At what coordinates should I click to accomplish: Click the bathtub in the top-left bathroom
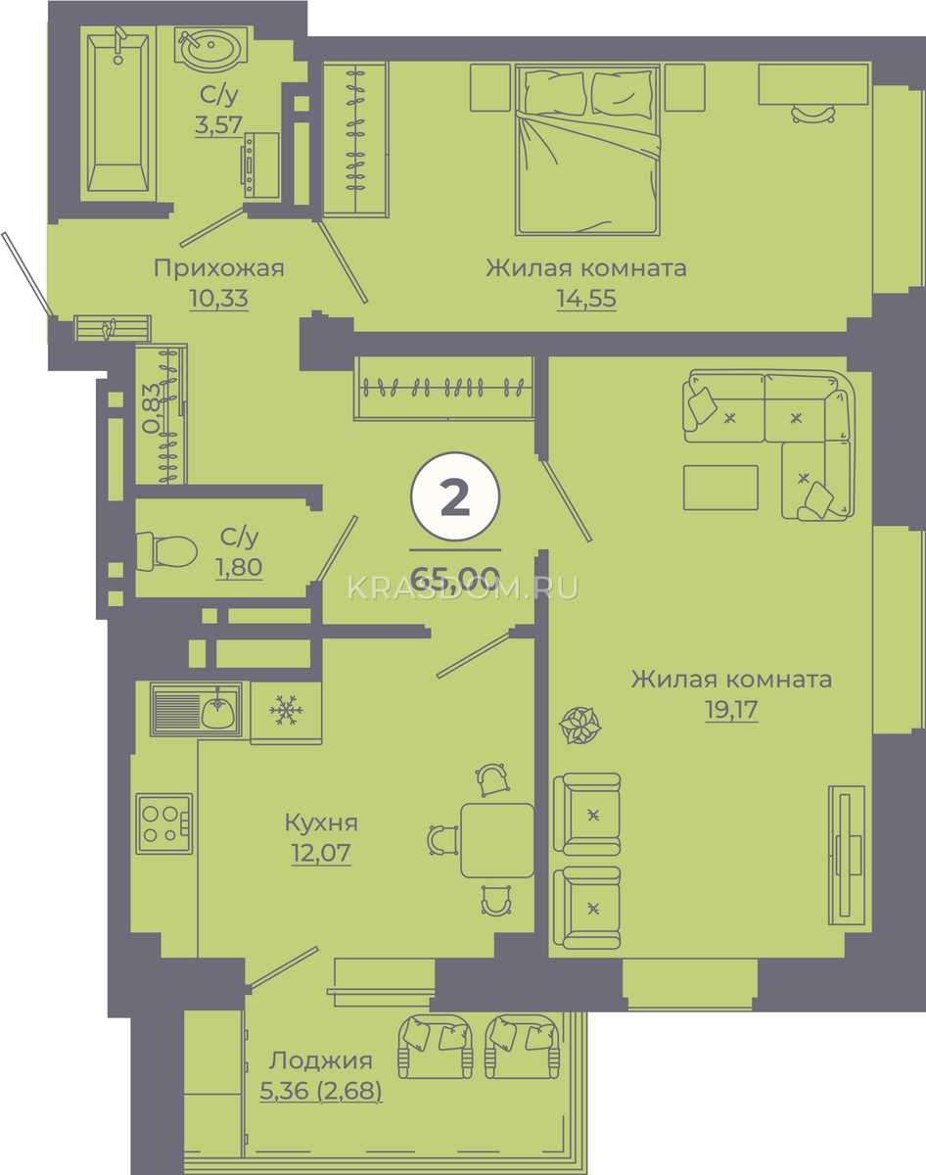coord(117,112)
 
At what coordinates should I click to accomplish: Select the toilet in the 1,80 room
coord(166,551)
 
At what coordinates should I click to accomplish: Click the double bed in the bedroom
coord(587,150)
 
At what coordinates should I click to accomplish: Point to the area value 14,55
coord(586,299)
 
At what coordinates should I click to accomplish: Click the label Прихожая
coord(218,268)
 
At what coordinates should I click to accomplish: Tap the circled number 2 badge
coord(455,497)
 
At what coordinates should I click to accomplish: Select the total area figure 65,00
coord(455,577)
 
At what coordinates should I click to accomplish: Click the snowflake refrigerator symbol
coord(286,710)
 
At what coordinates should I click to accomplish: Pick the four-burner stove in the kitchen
coord(164,823)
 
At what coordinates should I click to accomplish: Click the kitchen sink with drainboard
coord(196,709)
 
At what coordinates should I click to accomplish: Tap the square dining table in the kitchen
coord(497,840)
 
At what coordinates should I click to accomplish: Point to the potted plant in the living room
coord(579,726)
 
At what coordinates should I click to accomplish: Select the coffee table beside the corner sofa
coord(720,488)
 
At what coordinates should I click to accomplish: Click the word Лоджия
coord(320,1060)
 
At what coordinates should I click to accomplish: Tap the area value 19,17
coord(731,710)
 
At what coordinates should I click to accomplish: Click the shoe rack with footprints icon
coord(113,328)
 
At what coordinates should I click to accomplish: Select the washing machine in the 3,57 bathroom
coord(260,164)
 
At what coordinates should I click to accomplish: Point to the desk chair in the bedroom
coord(813,115)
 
